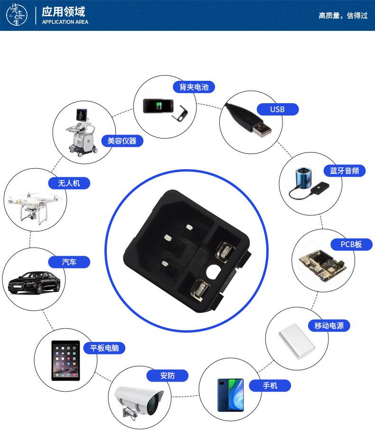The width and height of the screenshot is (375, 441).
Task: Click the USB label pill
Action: pos(278,110)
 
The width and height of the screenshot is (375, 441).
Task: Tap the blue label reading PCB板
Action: pos(351,244)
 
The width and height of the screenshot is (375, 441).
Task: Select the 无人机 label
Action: pos(69,183)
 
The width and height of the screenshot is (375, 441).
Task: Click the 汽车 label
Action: pos(69,262)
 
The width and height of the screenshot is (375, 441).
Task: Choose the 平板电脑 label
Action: pos(104,348)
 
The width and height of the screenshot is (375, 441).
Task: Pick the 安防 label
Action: pos(167,375)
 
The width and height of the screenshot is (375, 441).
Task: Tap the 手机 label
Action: pos(270,385)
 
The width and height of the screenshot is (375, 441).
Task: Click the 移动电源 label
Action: pos(332,326)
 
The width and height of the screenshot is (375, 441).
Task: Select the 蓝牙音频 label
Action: pos(344,171)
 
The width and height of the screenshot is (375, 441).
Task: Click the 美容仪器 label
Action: pos(122,141)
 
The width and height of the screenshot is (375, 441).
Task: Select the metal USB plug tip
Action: pos(262,130)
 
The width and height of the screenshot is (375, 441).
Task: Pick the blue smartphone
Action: pos(230,395)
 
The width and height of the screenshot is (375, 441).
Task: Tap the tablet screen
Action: pos(65,361)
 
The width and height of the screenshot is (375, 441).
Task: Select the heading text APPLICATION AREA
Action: pos(65,22)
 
